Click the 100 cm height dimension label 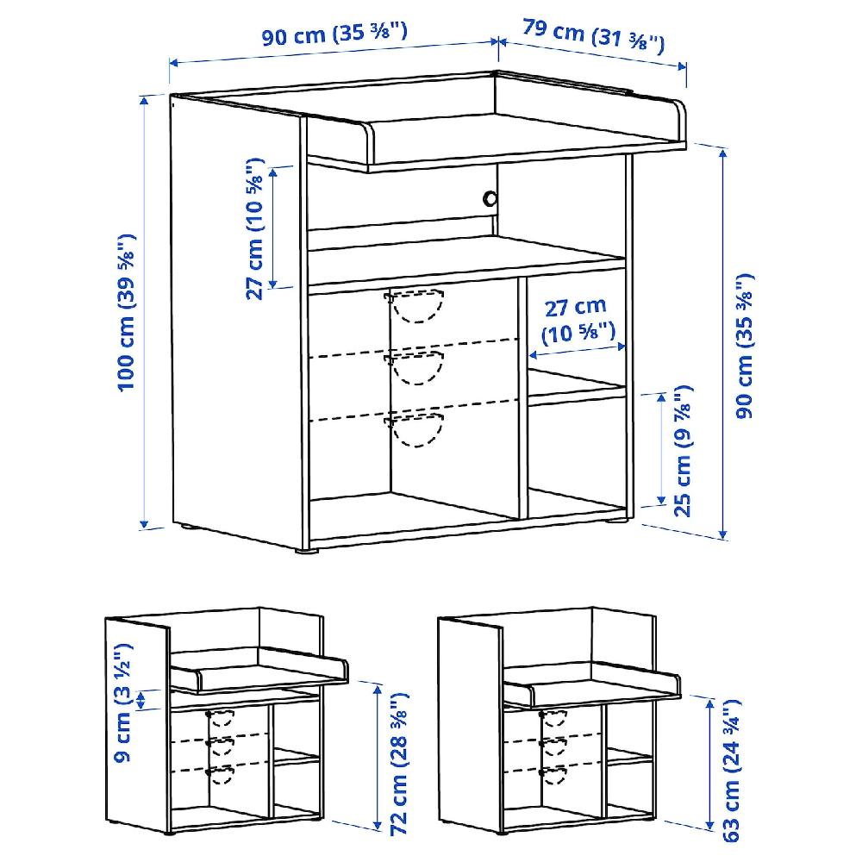127,314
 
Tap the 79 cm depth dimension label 593,36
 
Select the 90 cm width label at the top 334,34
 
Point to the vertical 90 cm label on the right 745,346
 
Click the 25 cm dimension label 682,452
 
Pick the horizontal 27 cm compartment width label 578,321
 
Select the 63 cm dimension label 731,771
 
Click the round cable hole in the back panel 490,198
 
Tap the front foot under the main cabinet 307,550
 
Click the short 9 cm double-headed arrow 141,699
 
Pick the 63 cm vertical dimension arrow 709,764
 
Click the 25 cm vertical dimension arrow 661,448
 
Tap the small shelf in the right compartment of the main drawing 577,388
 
